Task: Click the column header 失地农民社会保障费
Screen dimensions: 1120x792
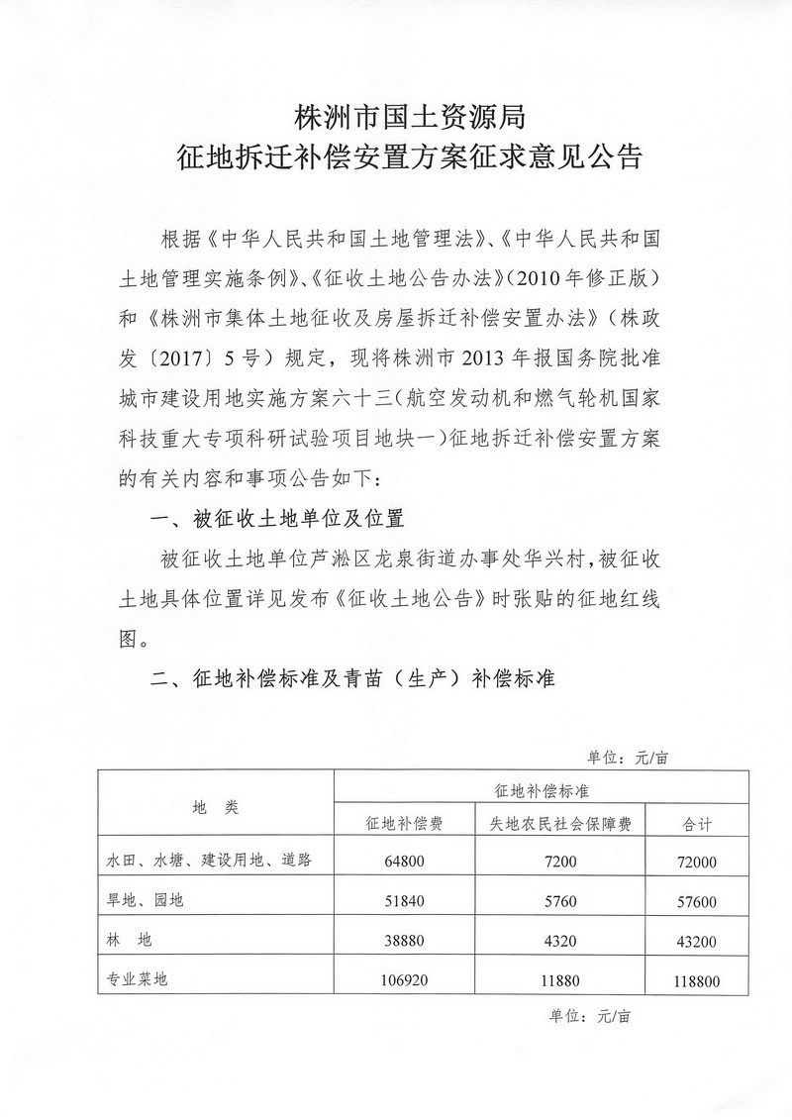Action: [561, 822]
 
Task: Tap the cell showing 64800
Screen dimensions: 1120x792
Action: [405, 861]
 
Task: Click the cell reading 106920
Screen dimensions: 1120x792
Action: [405, 981]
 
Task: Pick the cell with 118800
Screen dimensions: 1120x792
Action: [700, 982]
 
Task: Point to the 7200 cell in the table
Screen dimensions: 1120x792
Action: [561, 861]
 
